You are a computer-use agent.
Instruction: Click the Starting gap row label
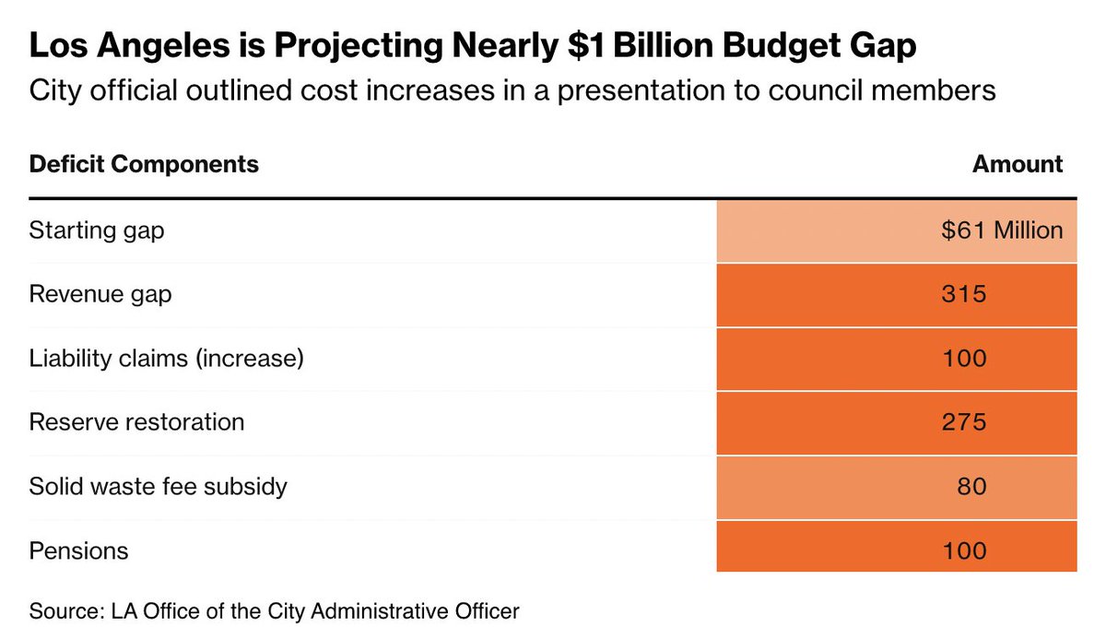pos(96,231)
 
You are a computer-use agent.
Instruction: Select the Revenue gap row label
pos(100,295)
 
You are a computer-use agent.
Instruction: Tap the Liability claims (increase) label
pos(167,359)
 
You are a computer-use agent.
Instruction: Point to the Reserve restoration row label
pos(136,422)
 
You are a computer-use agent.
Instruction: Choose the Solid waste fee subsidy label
pos(158,487)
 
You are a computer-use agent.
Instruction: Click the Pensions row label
pos(78,551)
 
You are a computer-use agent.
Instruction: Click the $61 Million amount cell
pos(1002,230)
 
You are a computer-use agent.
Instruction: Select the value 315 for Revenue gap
pos(964,294)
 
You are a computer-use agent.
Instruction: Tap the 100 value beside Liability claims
pos(964,359)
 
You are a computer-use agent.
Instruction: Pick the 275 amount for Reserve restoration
pos(964,422)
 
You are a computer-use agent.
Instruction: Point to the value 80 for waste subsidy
pos(971,487)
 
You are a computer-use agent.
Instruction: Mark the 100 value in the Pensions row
pos(964,551)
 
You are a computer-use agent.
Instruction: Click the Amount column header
pos(1018,164)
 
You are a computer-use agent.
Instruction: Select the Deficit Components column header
pos(144,164)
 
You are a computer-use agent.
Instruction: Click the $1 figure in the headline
pos(586,45)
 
